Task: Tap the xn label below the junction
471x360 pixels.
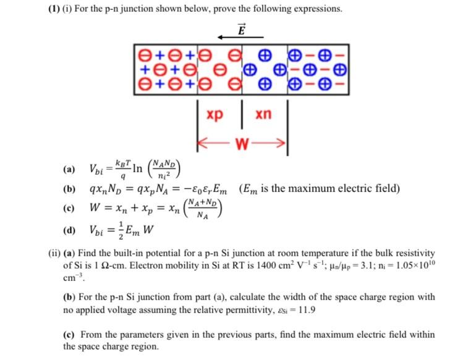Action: tap(263, 115)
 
